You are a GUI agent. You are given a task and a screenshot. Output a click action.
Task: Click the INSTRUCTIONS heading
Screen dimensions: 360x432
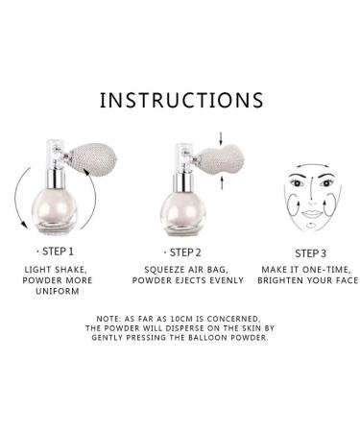point(181,100)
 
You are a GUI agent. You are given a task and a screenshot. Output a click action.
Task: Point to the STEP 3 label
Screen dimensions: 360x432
point(310,253)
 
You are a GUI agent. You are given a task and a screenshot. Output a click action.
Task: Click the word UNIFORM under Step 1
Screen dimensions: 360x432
point(58,291)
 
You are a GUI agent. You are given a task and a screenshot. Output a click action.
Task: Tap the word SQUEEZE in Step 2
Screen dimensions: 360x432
point(165,270)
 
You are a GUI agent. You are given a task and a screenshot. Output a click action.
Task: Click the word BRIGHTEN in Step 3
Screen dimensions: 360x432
point(280,280)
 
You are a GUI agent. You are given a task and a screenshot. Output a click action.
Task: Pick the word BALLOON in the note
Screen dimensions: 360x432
point(207,337)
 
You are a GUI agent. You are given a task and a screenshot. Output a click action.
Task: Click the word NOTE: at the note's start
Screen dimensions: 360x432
point(108,319)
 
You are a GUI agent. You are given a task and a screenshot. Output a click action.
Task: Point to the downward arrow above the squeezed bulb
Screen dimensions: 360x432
point(221,137)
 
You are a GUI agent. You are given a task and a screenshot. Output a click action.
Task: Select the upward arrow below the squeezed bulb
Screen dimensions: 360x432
point(222,182)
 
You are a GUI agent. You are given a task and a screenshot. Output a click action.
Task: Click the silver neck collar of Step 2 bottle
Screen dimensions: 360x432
point(183,180)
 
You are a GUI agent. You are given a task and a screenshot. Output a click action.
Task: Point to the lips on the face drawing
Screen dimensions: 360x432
point(310,214)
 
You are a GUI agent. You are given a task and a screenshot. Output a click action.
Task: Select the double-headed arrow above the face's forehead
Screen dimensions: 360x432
point(312,165)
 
